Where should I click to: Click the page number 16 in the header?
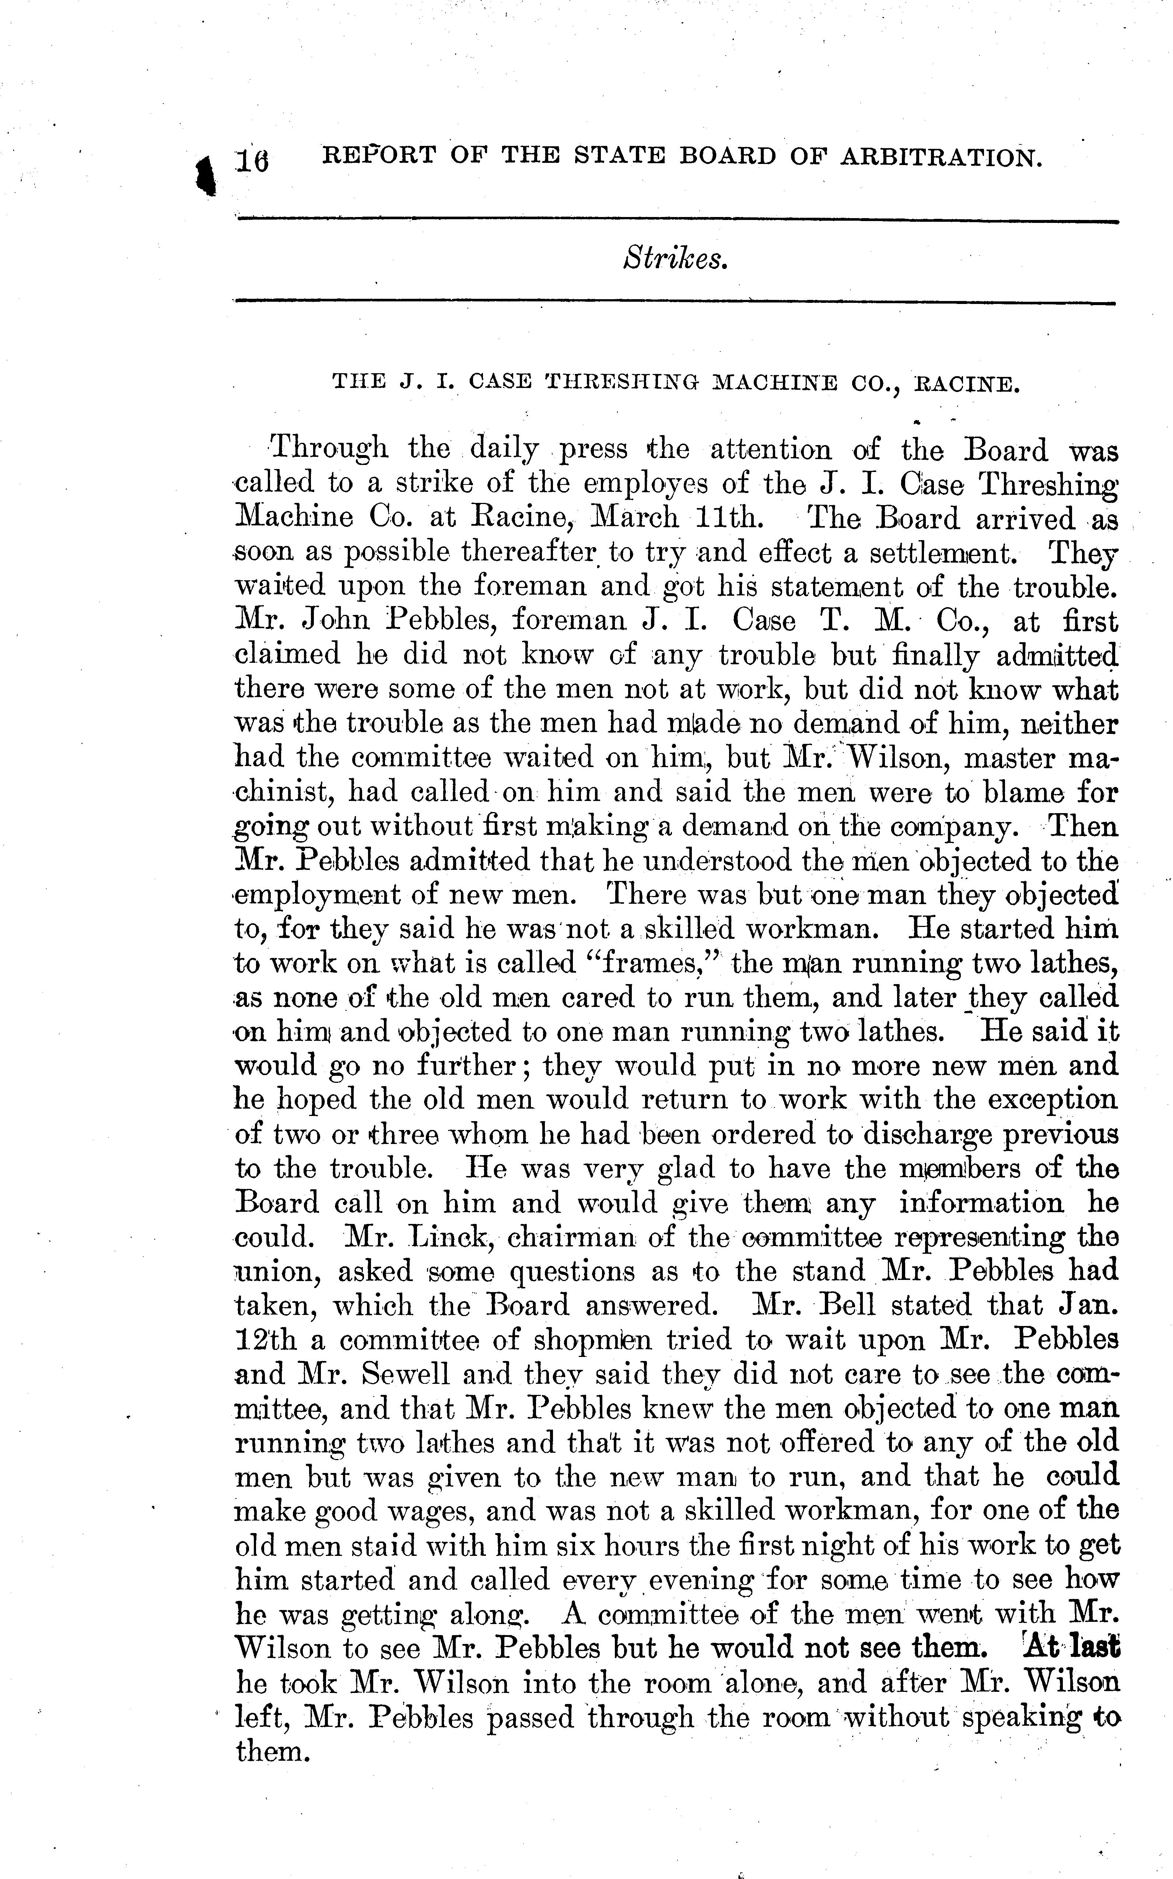(x=253, y=161)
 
